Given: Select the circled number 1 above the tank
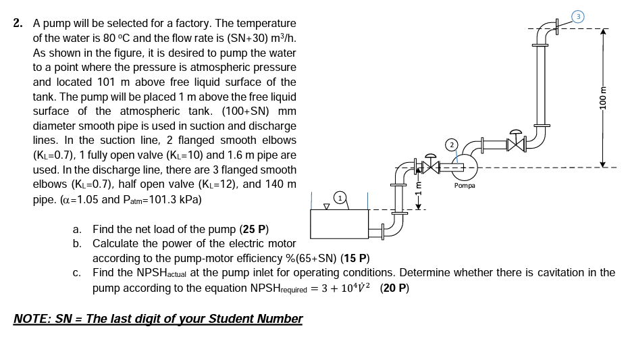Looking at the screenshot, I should [341, 197].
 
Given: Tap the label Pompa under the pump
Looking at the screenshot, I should [464, 185].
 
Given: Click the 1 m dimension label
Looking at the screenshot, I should [418, 192].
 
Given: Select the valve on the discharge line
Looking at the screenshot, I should [517, 143].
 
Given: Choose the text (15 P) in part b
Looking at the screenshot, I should [355, 258].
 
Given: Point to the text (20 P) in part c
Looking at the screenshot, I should [394, 288].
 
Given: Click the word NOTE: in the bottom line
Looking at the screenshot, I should [32, 319].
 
